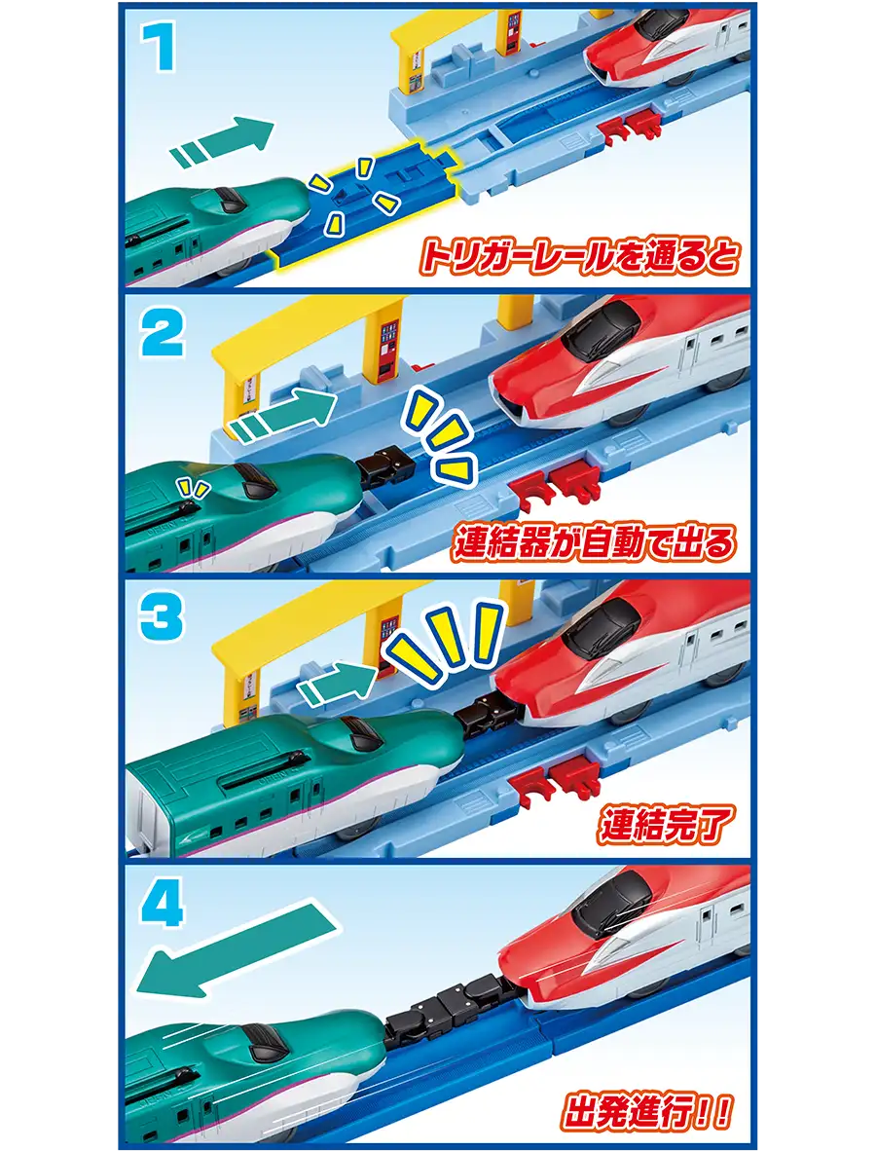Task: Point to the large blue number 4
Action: [163, 901]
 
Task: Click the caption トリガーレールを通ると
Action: [579, 258]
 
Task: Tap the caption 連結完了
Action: [664, 827]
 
